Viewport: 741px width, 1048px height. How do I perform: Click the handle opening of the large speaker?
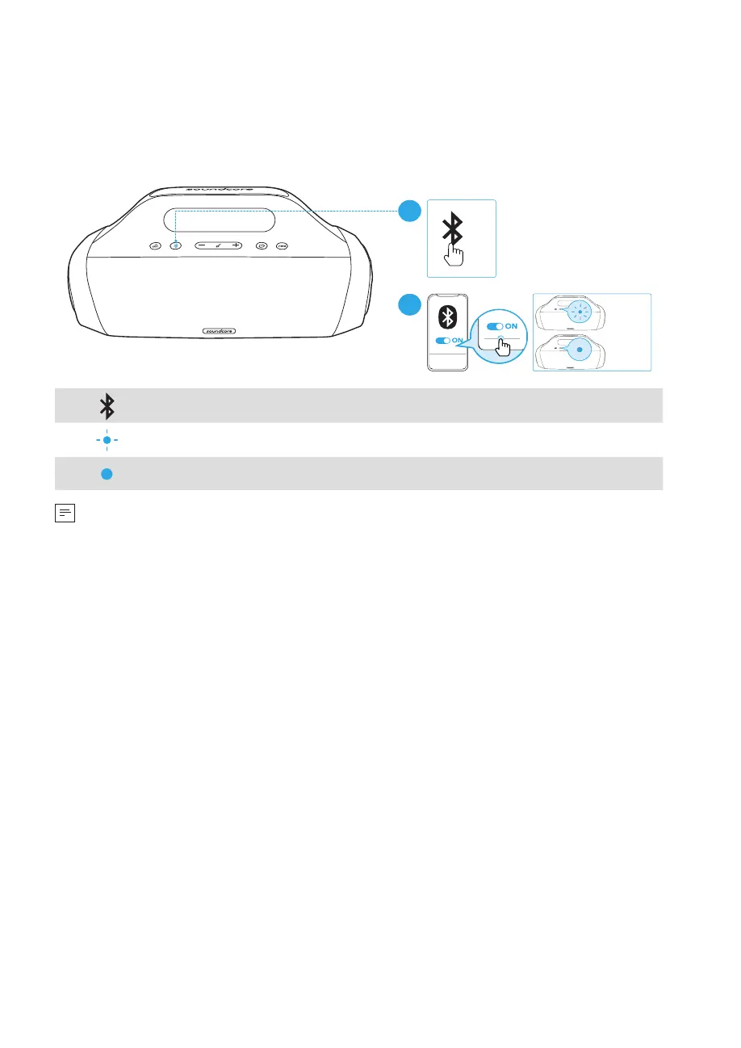coord(219,219)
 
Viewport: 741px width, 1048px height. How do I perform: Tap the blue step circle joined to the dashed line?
coord(409,212)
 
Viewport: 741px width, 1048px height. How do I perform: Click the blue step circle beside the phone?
coord(409,306)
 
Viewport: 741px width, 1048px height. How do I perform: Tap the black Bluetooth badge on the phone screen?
coord(446,316)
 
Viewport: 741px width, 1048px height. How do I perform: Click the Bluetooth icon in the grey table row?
coord(107,405)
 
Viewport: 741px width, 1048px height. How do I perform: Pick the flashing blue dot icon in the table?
coord(107,440)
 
